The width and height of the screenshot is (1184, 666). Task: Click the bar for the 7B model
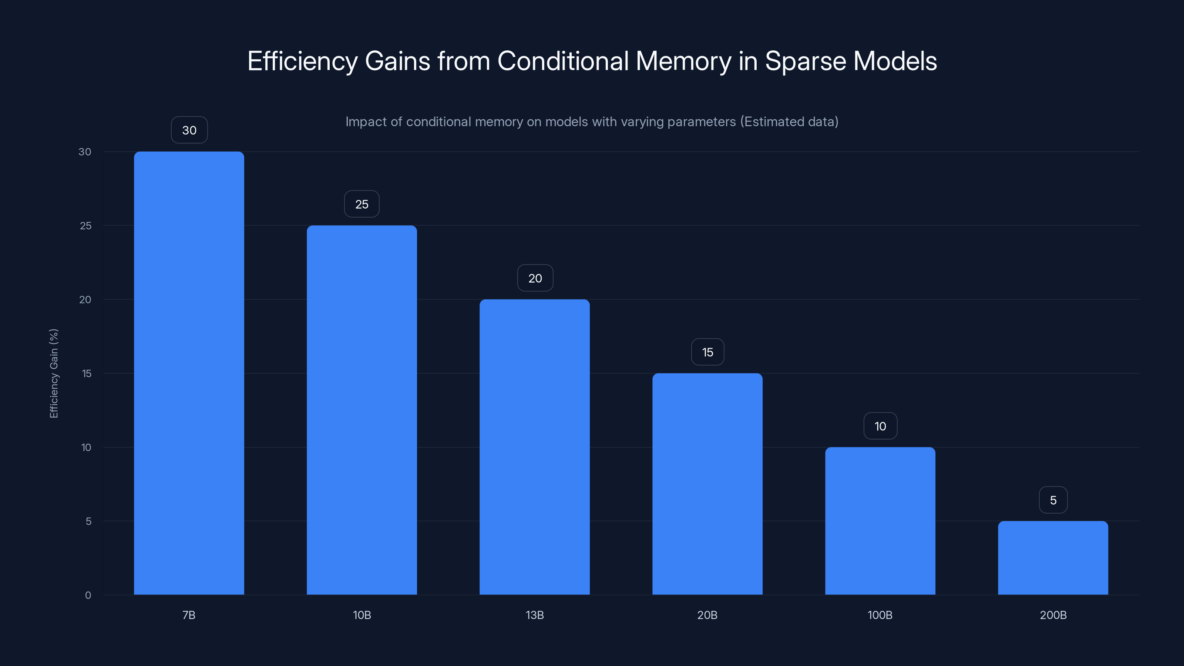[189, 373]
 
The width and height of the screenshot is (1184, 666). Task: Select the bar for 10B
[362, 410]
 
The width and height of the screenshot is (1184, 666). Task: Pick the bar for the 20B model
[707, 484]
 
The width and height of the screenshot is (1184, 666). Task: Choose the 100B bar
[880, 521]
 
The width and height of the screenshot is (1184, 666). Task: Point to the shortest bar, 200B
[1053, 558]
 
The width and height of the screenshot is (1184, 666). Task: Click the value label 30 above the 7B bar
[189, 130]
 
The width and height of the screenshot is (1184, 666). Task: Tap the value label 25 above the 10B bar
[362, 204]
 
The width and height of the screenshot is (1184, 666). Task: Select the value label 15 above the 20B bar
[707, 352]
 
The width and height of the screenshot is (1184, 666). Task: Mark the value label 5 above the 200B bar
[1053, 500]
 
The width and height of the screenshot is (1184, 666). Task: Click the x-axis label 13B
[535, 615]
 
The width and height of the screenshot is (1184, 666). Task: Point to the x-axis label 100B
[880, 615]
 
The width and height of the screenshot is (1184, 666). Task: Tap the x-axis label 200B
[1053, 615]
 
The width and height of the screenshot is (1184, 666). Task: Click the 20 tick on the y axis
[85, 300]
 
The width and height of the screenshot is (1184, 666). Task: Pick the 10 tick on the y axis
[86, 447]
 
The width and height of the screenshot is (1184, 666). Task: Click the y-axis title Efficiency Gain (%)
[54, 373]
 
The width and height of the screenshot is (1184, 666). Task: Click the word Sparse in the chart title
[805, 61]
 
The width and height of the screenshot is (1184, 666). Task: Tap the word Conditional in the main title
[562, 61]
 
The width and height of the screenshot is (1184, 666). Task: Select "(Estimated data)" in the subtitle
[789, 121]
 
